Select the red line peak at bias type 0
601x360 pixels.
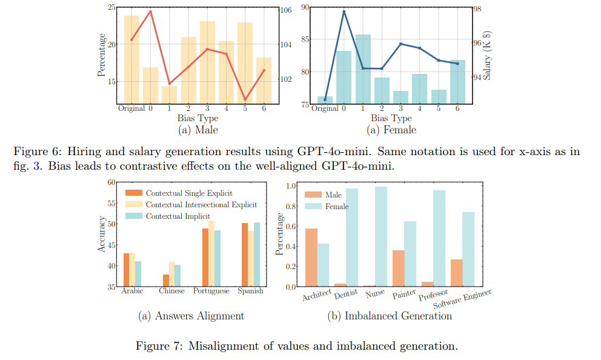[150, 12]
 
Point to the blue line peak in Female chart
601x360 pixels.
[344, 12]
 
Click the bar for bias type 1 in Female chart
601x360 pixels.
[363, 69]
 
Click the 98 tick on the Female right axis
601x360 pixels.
[477, 9]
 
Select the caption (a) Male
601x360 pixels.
[198, 130]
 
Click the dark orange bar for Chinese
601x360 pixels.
[165, 280]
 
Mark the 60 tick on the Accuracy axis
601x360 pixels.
[111, 182]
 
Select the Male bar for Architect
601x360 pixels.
[311, 257]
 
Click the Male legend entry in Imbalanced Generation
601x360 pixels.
[324, 195]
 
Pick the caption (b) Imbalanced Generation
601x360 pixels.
[390, 316]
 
